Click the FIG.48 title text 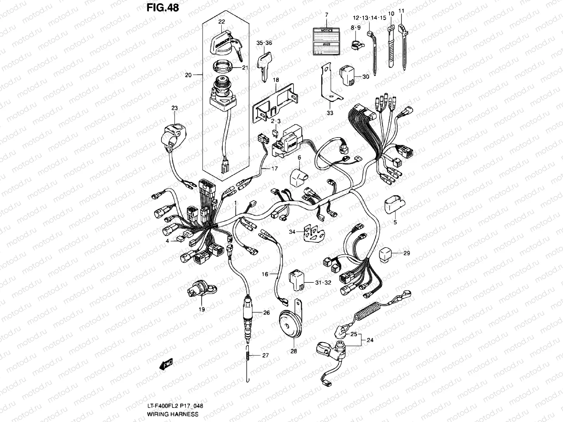[163, 7]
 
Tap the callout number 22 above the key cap [221, 21]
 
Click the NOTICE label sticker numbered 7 [326, 41]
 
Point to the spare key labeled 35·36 [264, 66]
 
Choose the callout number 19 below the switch [202, 309]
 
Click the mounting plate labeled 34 [313, 232]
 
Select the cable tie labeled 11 [404, 46]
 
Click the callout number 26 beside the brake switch [266, 312]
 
